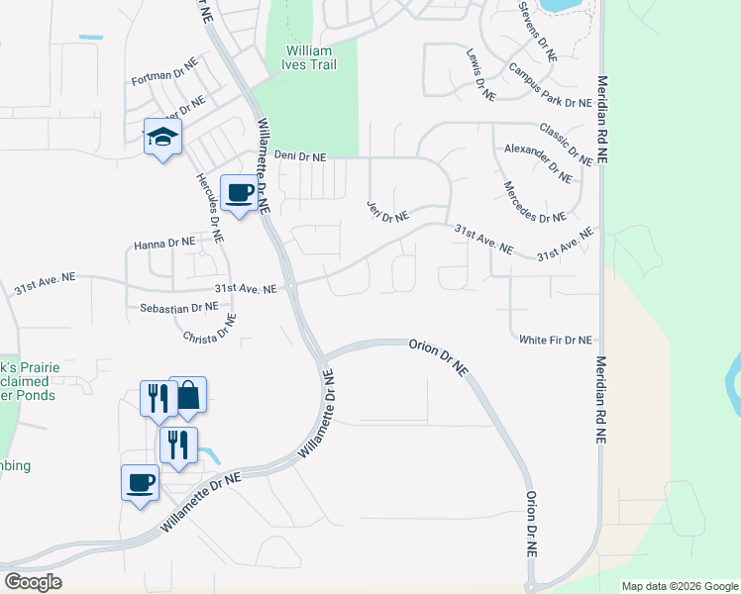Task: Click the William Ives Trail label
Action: click(x=311, y=57)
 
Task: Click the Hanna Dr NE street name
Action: click(x=165, y=243)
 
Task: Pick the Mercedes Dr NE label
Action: click(x=534, y=202)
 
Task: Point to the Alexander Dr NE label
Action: click(x=537, y=163)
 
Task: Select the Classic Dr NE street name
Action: click(x=566, y=143)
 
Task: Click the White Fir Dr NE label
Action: click(x=555, y=340)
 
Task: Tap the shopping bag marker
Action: click(x=187, y=395)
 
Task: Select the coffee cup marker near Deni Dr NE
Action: click(x=239, y=192)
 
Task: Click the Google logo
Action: click(x=33, y=582)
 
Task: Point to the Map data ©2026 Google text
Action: click(x=679, y=585)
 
